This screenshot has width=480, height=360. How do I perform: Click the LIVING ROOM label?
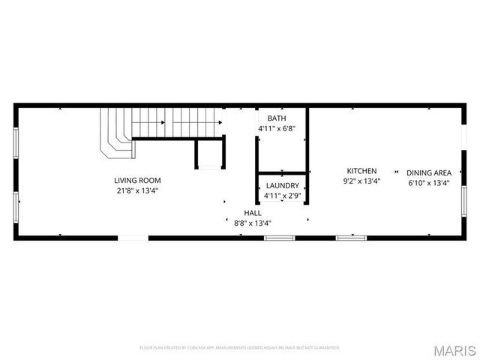point(137,180)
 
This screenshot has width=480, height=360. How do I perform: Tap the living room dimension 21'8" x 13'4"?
point(137,190)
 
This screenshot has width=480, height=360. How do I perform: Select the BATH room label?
point(277,118)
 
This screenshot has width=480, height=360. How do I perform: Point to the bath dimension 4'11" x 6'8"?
point(277,128)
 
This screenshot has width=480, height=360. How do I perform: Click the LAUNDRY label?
point(281,186)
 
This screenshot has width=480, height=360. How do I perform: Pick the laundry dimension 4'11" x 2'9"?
point(281,196)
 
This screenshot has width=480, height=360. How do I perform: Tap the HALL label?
point(252,213)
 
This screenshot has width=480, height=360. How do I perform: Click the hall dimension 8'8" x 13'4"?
point(252,223)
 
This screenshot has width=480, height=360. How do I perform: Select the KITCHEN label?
point(361,171)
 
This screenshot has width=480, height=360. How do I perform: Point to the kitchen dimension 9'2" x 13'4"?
point(361,181)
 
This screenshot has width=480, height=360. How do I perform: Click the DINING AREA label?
point(429,172)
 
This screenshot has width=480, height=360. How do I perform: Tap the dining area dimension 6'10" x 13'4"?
point(429,182)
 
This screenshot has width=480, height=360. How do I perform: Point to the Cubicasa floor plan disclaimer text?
point(239,348)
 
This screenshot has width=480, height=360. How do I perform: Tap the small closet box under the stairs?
point(208,154)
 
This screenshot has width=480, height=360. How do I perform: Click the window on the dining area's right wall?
point(464,200)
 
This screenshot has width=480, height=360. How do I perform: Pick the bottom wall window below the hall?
point(279,238)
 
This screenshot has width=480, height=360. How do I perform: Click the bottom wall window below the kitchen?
point(351,238)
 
